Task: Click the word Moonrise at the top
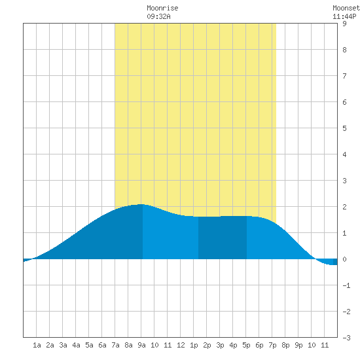162,8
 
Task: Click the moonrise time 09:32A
158,16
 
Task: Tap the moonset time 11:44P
344,16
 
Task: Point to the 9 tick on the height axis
344,24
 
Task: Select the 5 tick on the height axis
344,128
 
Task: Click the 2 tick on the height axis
344,207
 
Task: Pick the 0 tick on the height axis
344,259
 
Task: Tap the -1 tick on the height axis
346,285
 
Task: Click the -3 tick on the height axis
346,338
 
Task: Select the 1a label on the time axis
37,345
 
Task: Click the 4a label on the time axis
76,345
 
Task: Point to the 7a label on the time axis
115,345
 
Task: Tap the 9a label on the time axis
141,345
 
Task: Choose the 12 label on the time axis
181,345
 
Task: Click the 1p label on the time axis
194,345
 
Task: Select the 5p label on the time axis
246,345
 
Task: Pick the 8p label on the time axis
285,345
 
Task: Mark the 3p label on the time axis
220,345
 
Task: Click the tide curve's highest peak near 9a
141,204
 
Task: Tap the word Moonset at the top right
346,8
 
